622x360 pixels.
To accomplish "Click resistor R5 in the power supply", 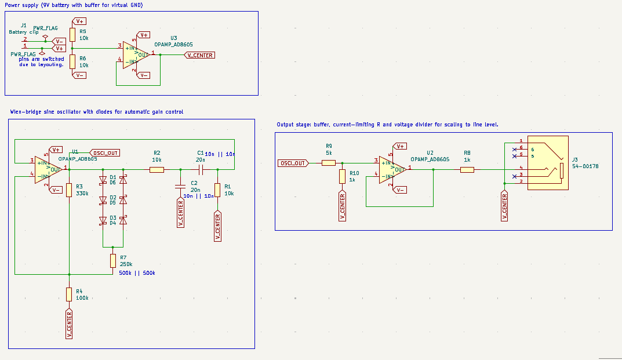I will coord(72,34).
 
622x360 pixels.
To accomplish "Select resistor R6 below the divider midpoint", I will coord(72,61).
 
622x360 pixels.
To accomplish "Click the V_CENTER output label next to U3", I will coord(200,55).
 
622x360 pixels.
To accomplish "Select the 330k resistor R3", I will coord(69,190).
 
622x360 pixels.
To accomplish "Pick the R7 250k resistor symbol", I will coord(113,261).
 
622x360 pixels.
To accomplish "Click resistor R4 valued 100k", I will coord(69,294).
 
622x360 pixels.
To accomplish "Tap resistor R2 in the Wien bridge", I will coord(157,169).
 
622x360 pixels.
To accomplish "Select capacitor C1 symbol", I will coord(199,169).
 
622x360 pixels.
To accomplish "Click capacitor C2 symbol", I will coord(180,186).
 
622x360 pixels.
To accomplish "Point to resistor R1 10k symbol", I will coord(217,190).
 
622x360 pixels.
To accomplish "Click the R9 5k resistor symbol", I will coord(329,163).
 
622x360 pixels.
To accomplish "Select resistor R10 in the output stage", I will coord(342,177).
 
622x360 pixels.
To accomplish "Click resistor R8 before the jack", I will coord(467,169).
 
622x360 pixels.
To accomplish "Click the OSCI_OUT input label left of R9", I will coord(293,163).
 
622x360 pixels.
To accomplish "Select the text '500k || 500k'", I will coord(137,273).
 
